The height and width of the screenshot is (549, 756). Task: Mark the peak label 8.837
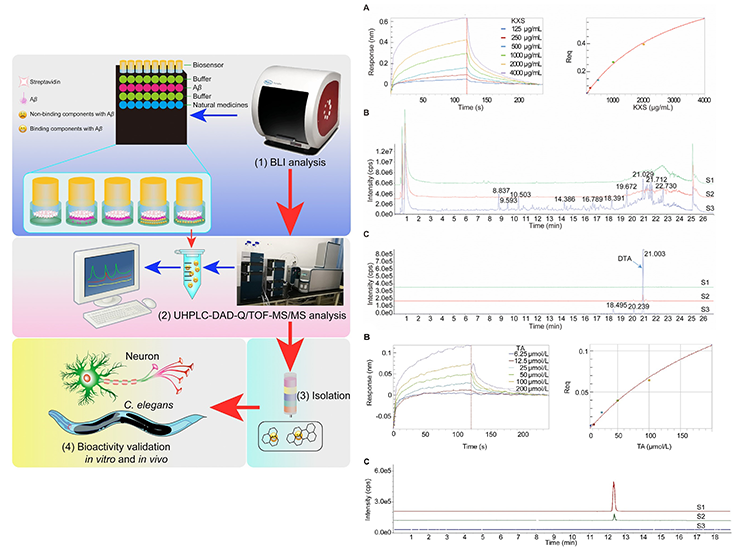click(x=508, y=189)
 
